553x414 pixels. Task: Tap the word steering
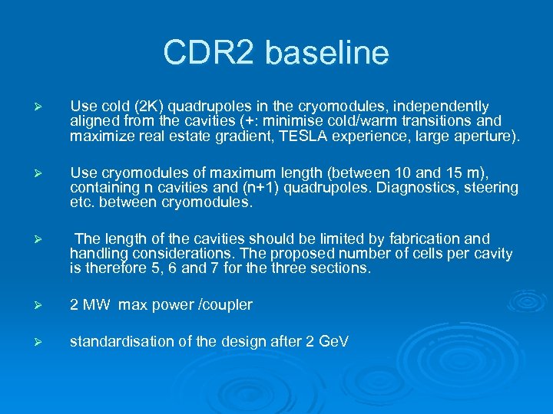493,187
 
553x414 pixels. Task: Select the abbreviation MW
98,305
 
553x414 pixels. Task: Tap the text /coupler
224,305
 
